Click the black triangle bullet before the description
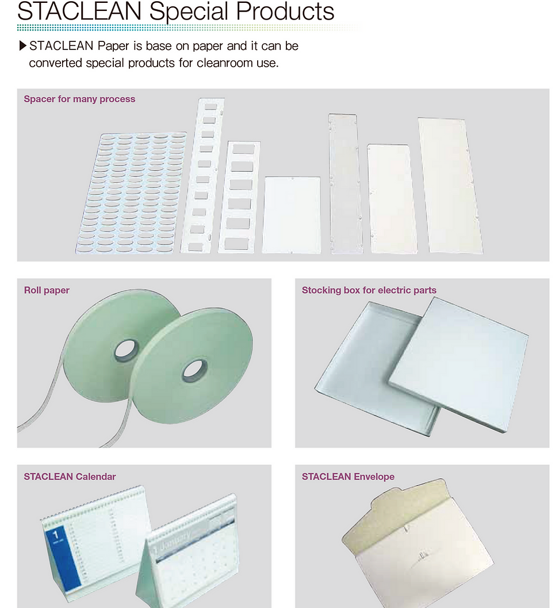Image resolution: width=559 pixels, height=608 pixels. point(23,46)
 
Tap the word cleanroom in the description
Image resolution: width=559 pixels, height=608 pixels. point(225,63)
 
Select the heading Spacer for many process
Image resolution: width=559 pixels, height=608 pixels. point(79,99)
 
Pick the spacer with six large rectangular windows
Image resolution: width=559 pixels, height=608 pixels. point(238,197)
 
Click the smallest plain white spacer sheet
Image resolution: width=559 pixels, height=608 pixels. point(291,215)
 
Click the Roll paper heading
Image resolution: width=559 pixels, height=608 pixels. point(47,290)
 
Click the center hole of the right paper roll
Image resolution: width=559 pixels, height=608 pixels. point(195,371)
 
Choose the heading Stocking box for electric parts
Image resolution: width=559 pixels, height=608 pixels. point(369,290)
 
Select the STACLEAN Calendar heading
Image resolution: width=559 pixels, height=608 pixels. point(70,476)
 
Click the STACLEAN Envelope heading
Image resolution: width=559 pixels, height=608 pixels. point(348,476)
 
